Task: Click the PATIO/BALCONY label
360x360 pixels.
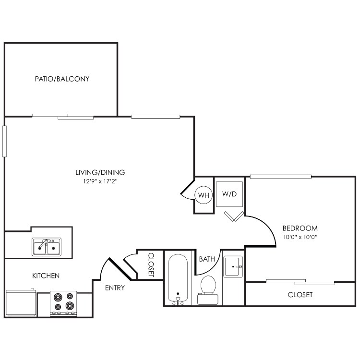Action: point(62,79)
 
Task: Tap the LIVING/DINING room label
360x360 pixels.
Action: point(100,172)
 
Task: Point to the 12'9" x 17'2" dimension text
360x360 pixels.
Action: point(100,181)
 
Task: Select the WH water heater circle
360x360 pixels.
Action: point(204,195)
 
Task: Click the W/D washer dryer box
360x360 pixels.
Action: point(229,194)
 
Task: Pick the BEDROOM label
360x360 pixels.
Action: point(300,228)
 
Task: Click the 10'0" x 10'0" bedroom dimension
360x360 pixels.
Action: point(300,237)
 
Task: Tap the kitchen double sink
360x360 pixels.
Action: point(46,247)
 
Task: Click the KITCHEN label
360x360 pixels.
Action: point(46,276)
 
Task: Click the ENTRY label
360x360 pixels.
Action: point(115,288)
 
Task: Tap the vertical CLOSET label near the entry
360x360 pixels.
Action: point(151,264)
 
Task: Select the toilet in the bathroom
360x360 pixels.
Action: point(208,290)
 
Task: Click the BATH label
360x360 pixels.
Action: point(207,259)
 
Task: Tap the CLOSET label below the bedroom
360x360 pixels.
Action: point(300,295)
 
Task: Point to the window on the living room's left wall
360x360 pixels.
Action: point(4,141)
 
